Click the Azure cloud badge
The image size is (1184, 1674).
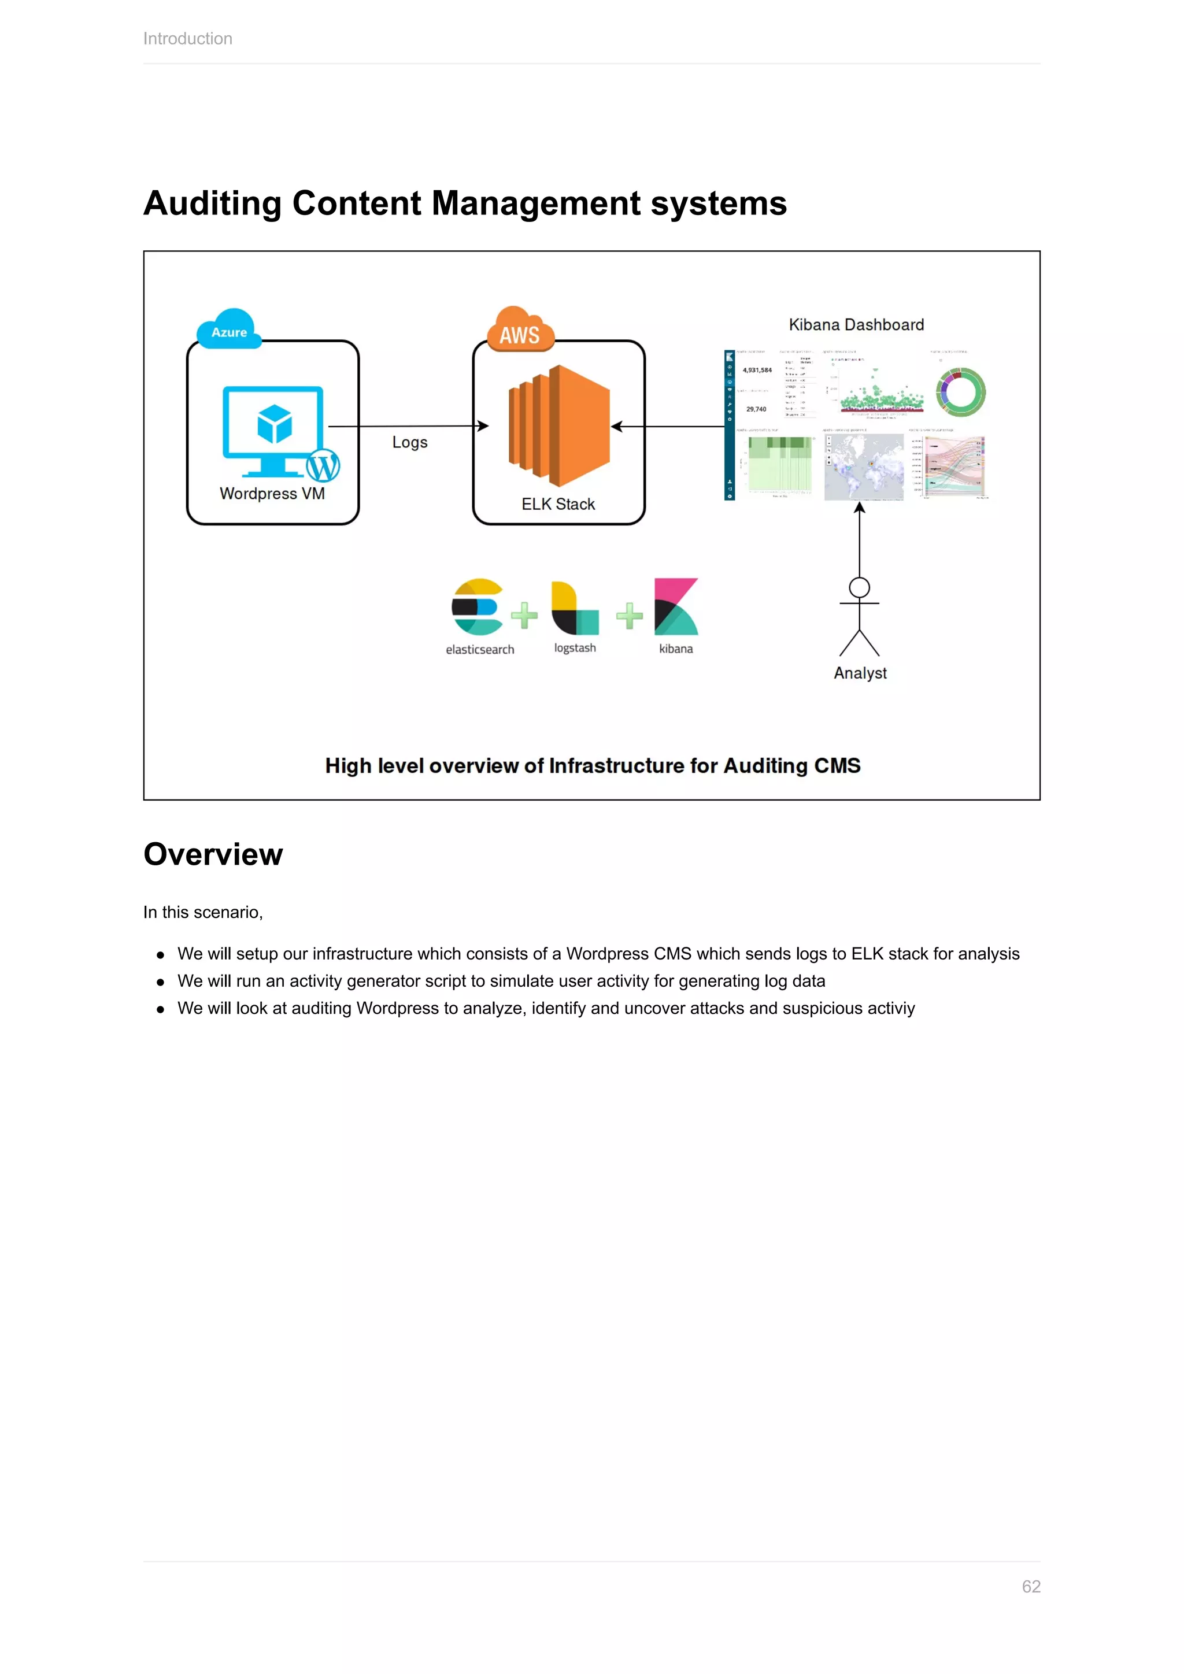tap(229, 330)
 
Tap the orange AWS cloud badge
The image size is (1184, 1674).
tap(520, 332)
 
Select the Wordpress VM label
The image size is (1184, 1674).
tap(272, 494)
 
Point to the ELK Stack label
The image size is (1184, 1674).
tap(558, 504)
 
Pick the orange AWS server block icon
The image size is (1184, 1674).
tap(559, 426)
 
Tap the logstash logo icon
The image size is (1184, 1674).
tap(575, 608)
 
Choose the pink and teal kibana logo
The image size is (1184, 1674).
tap(676, 606)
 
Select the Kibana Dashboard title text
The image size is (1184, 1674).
tap(856, 324)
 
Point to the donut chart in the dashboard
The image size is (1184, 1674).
tap(960, 392)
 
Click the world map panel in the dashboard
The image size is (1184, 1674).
tap(864, 466)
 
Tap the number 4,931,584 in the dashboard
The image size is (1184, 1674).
tap(757, 371)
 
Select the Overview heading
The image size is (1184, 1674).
tap(213, 854)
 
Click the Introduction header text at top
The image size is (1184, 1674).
tap(187, 39)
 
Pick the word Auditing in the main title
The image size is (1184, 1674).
tap(212, 203)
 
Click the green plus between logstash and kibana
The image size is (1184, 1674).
tap(629, 616)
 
